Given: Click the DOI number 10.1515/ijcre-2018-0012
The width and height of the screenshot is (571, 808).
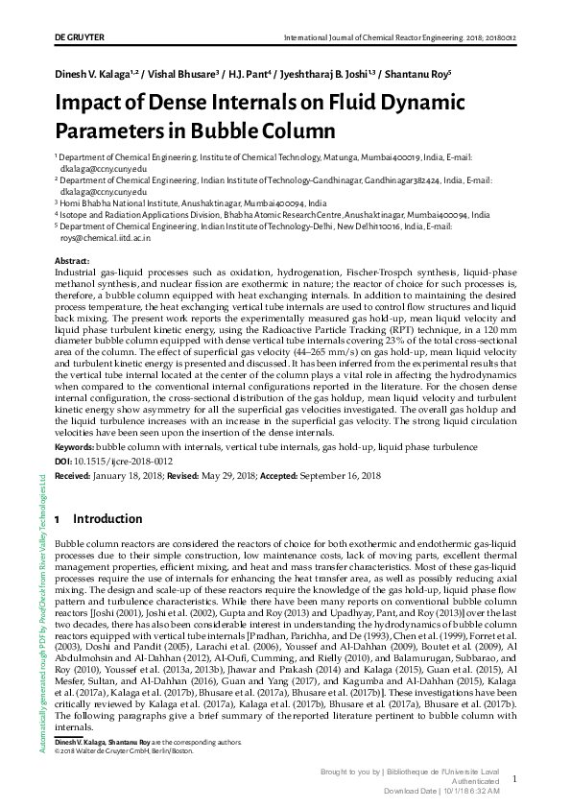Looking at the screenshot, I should [126, 461].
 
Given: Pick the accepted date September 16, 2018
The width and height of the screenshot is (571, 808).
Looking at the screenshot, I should [341, 475].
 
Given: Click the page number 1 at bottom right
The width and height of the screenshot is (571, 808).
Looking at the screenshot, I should [515, 780].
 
